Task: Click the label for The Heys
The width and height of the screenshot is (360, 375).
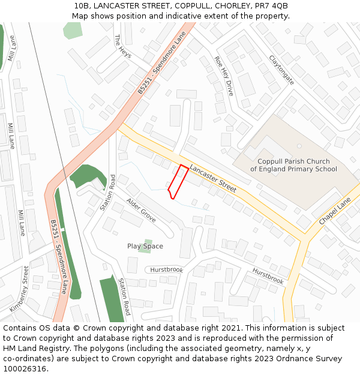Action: point(122,47)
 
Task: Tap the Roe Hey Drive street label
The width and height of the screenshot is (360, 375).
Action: point(223,76)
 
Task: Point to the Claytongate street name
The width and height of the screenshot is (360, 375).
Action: point(281,70)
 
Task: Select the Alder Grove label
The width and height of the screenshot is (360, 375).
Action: point(141,211)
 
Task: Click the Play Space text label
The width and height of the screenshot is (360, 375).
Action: point(145,246)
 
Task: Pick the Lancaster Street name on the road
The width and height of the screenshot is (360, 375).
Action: point(213,178)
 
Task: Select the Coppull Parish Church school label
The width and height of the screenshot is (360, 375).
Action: point(293,165)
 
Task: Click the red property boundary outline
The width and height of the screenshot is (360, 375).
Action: point(178,181)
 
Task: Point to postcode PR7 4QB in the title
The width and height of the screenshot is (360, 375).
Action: point(271,6)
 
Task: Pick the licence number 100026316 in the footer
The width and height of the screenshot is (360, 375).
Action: point(25,369)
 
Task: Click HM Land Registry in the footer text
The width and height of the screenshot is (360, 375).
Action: point(35,349)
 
